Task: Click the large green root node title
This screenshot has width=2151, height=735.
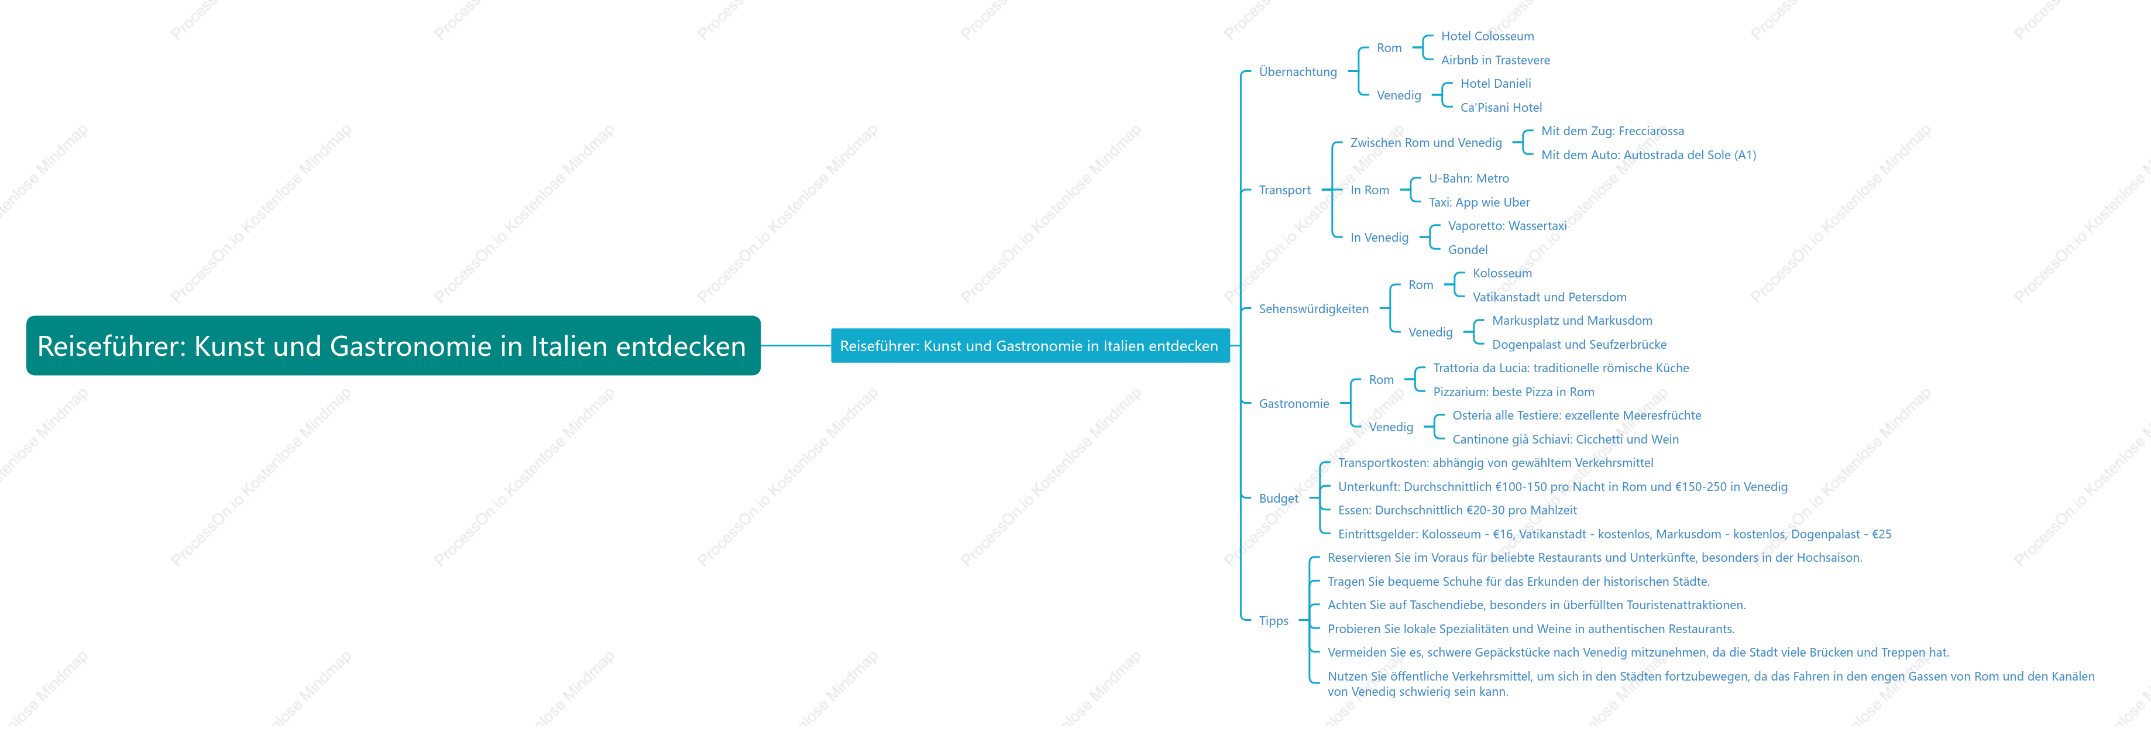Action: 393,346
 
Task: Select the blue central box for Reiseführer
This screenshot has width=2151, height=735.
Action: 1030,346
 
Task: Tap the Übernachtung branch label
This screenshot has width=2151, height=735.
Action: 1298,72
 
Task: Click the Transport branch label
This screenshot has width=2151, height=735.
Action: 1284,190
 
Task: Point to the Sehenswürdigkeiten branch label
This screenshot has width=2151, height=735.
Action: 1314,309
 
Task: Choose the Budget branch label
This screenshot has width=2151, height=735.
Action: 1279,499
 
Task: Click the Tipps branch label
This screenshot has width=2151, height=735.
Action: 1273,620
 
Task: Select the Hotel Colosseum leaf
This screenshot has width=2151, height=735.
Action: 1487,36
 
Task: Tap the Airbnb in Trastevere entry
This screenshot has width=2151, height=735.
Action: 1494,60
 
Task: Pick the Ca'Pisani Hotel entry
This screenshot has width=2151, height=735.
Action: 1500,108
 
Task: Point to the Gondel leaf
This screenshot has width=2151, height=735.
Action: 1467,250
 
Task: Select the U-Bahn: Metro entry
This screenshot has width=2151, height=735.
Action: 1468,178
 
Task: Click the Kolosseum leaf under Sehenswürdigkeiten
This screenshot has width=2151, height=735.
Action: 1501,273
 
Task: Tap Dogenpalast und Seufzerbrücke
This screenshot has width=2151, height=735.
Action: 1578,345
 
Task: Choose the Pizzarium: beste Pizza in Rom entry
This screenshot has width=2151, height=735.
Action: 1513,391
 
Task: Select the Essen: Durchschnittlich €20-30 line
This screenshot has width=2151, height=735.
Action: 1456,510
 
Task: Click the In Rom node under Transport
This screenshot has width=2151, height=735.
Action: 1369,190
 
